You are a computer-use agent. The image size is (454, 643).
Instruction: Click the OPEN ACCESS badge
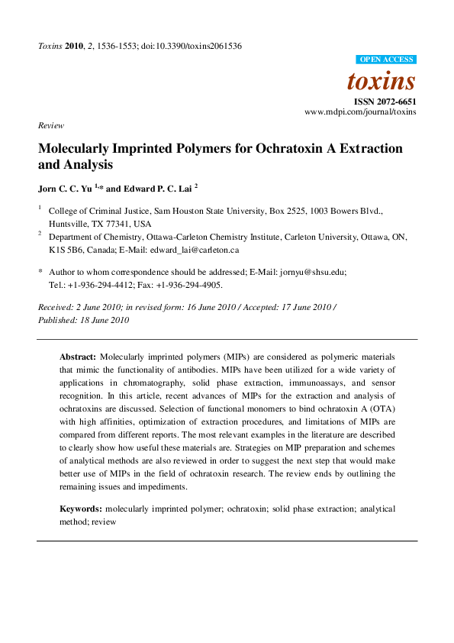pos(385,60)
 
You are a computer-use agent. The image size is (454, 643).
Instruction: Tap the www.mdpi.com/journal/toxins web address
pos(360,111)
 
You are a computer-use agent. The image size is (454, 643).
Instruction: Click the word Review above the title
pos(51,125)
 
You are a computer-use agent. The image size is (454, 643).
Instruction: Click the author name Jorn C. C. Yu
pos(69,186)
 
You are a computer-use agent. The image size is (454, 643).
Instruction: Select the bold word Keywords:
pos(81,508)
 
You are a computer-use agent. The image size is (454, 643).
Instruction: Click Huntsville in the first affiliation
pos(69,225)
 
